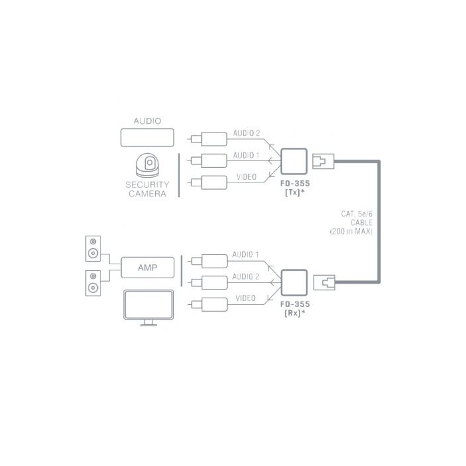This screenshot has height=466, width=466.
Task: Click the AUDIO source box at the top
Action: click(147, 138)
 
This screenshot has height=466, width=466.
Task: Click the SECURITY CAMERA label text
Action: click(147, 189)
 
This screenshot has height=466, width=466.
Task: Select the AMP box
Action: click(147, 268)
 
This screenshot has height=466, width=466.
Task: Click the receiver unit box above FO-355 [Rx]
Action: click(294, 282)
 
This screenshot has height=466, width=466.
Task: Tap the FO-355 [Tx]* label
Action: click(295, 188)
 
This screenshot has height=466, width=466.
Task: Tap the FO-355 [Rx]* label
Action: click(295, 308)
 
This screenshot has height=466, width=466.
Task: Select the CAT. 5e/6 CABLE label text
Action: click(355, 222)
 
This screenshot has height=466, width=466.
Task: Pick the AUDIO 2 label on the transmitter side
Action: click(246, 134)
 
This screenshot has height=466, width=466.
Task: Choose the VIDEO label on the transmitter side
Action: click(246, 178)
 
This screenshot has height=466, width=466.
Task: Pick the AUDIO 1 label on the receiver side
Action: click(246, 255)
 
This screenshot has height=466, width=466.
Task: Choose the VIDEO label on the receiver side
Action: click(246, 299)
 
